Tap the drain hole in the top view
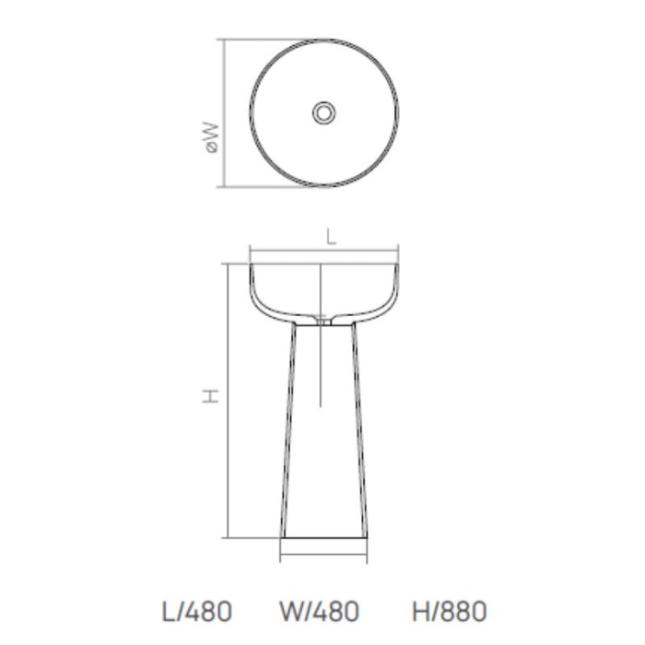click(324, 112)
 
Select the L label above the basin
click(332, 237)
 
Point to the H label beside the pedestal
click(212, 396)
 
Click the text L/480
click(195, 610)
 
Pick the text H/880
click(449, 610)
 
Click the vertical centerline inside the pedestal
click(320, 369)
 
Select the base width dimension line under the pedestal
click(324, 557)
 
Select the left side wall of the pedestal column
click(286, 433)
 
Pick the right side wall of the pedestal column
click(361, 433)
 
